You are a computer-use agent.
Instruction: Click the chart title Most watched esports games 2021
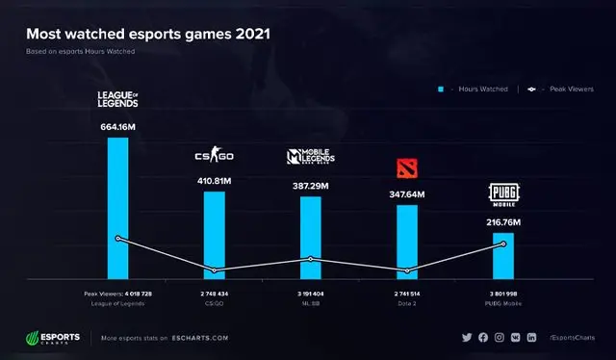point(147,34)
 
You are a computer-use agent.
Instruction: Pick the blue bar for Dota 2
point(407,241)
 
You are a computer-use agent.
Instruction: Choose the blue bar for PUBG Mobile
point(503,255)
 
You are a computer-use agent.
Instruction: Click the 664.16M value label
point(117,126)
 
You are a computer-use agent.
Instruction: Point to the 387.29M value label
point(310,185)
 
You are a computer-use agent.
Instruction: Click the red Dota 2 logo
point(408,169)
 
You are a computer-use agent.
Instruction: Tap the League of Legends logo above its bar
point(117,98)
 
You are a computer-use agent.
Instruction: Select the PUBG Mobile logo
point(503,196)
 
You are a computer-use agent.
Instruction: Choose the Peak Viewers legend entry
point(561,89)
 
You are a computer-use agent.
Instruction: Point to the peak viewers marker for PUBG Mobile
point(503,244)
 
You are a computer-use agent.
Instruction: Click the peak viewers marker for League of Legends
point(117,238)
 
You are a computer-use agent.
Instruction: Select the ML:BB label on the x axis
point(310,303)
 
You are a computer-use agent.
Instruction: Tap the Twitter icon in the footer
point(467,338)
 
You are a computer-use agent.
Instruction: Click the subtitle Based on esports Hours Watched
point(80,51)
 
